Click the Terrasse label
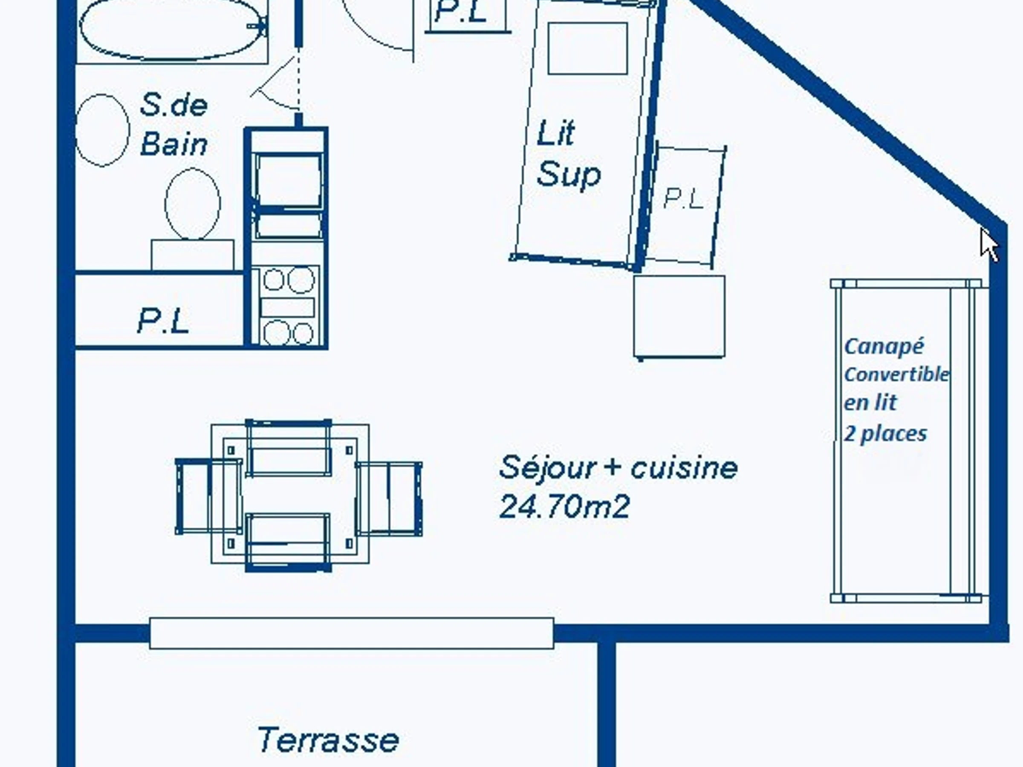point(327,740)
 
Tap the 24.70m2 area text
point(565,507)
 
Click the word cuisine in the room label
point(685,468)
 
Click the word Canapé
point(884,346)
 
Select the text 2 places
point(885,434)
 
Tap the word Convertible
point(896,374)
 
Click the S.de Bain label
point(173,125)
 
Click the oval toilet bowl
point(192,204)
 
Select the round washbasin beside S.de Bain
point(102,130)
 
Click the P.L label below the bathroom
point(163,321)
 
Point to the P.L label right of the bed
point(683,199)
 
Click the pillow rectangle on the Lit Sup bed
point(587,48)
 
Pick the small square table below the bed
point(679,317)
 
